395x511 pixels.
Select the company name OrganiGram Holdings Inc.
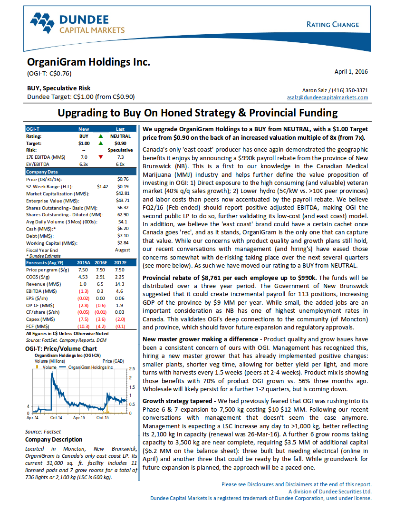pyautogui.click(x=88, y=62)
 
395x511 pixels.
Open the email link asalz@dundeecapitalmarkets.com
pyautogui.click(x=328, y=97)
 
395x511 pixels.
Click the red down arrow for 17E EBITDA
pyautogui.click(x=100, y=156)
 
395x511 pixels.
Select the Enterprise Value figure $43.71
pyautogui.click(x=123, y=201)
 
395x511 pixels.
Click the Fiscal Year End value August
pyautogui.click(x=123, y=250)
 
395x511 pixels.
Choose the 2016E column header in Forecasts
pyautogui.click(x=101, y=262)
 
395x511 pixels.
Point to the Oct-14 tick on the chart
pyautogui.click(x=56, y=418)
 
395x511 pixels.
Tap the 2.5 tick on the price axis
pyautogui.click(x=132, y=369)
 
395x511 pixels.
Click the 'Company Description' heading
pyautogui.click(x=54, y=440)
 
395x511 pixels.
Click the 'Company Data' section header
pyautogui.click(x=42, y=172)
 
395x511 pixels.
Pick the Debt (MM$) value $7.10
pyautogui.click(x=123, y=236)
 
